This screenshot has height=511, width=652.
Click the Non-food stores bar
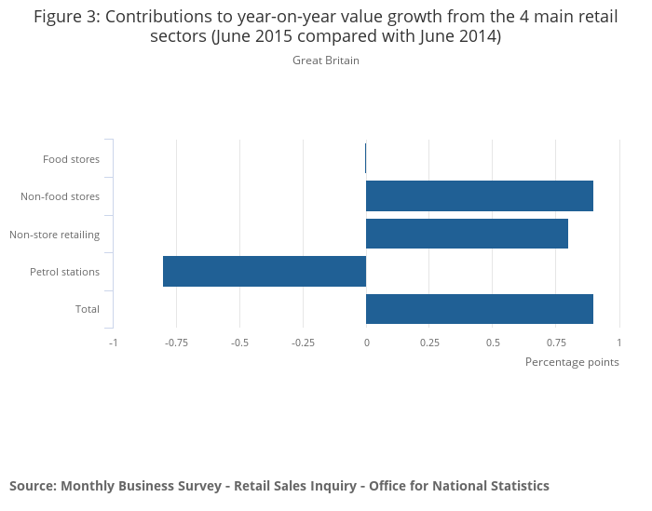[x=480, y=196]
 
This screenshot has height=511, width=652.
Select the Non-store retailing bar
[x=467, y=234]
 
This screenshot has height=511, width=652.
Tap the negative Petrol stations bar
[x=265, y=271]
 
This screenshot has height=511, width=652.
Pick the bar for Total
[x=480, y=308]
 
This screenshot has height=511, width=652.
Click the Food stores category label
[x=71, y=159]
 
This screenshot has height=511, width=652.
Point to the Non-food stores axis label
[x=60, y=196]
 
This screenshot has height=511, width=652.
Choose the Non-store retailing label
[x=54, y=235]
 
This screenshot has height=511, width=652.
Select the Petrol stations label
[x=64, y=272]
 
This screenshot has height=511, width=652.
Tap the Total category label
[x=88, y=309]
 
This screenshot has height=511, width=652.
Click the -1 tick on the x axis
[x=113, y=343]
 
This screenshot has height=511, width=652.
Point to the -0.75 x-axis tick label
[x=176, y=343]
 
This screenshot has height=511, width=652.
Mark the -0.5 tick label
[x=239, y=343]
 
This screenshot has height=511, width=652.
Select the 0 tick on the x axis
[x=366, y=343]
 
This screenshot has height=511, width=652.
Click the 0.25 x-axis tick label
[x=429, y=343]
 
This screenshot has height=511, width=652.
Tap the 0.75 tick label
[x=556, y=343]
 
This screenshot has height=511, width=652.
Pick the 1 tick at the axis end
[x=618, y=343]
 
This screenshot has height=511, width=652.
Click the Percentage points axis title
[x=572, y=362]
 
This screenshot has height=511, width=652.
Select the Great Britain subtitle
[x=326, y=61]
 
